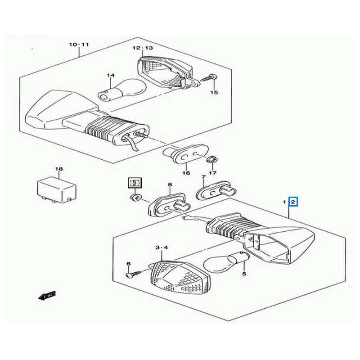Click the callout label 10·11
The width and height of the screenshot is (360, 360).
pos(79,45)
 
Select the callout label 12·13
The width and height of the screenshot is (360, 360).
pos(143,48)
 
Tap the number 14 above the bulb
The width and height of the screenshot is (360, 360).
pos(111,75)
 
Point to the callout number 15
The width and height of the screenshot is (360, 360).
pos(214,92)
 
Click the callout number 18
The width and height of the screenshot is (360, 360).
pos(58,169)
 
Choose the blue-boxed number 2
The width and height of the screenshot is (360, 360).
pos(293,202)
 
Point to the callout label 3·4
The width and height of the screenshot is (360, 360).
pos(161,248)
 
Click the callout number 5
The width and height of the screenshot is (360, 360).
pos(244,273)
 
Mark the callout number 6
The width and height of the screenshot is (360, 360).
pos(128,263)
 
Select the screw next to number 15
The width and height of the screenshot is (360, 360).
pos(208,78)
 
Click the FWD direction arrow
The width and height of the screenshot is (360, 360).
pos(46,295)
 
